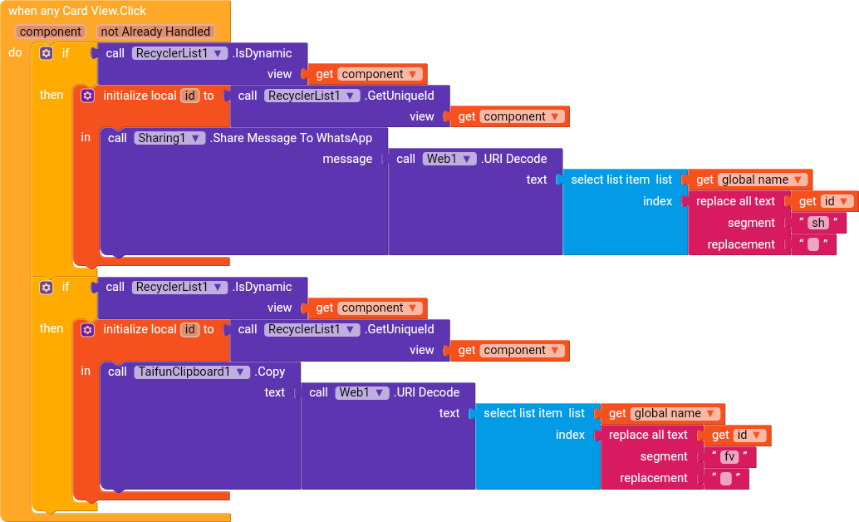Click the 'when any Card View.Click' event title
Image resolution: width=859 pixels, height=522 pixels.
[77, 11]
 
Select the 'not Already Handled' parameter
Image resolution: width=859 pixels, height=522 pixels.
[155, 32]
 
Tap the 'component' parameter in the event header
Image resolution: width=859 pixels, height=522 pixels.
[51, 32]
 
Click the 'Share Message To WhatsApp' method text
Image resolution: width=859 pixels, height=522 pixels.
[291, 138]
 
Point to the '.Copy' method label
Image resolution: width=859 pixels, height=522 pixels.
[269, 372]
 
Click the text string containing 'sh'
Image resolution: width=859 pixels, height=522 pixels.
[818, 223]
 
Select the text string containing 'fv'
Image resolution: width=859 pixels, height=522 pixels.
[729, 457]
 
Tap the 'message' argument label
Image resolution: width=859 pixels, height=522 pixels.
[347, 159]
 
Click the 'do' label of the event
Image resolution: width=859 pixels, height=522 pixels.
[15, 52]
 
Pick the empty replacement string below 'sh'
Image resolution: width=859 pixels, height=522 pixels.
[813, 244]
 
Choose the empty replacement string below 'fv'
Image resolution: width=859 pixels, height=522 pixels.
[726, 478]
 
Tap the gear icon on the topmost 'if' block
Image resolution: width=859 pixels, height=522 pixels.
[47, 53]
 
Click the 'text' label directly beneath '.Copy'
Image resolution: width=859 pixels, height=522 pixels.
[274, 392]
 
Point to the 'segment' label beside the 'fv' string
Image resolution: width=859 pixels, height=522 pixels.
[664, 457]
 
